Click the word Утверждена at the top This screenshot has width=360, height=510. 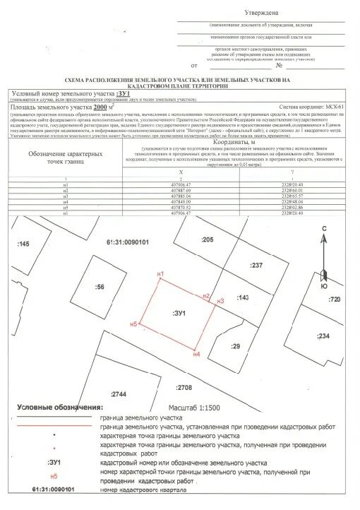coord(260,13)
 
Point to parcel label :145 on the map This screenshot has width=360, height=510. coord(24,243)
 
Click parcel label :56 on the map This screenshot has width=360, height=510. coord(100,287)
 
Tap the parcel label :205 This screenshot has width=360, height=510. coord(206,240)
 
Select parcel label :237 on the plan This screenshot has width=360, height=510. coord(256,265)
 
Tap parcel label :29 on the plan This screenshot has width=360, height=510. coord(235,345)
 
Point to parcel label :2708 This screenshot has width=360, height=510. coord(184,387)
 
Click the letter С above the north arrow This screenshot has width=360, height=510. coord(323,209)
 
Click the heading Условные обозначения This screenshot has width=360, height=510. coord(59,408)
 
